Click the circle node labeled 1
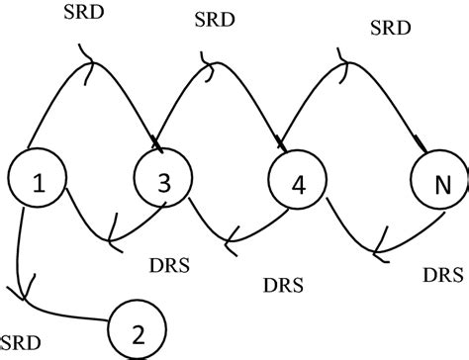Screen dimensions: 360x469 pos(37,180)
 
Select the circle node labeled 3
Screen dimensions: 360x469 pos(160,180)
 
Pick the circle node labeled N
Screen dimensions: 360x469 pos(436,184)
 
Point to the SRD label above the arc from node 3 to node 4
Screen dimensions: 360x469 pos(215,19)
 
